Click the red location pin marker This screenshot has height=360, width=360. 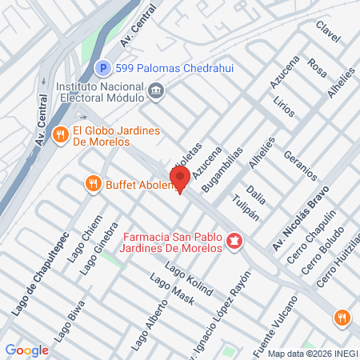point(178,180)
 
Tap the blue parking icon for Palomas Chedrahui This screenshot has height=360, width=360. point(102,70)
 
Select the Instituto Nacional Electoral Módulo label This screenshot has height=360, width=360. point(99,91)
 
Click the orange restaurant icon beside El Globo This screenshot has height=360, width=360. point(59,136)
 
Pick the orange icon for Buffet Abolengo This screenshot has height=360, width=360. point(94,185)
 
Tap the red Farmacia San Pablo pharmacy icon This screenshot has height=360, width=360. point(234,240)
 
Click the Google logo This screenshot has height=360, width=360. point(26,350)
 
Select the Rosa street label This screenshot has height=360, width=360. point(318,67)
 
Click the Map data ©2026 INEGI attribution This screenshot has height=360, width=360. point(313,353)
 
